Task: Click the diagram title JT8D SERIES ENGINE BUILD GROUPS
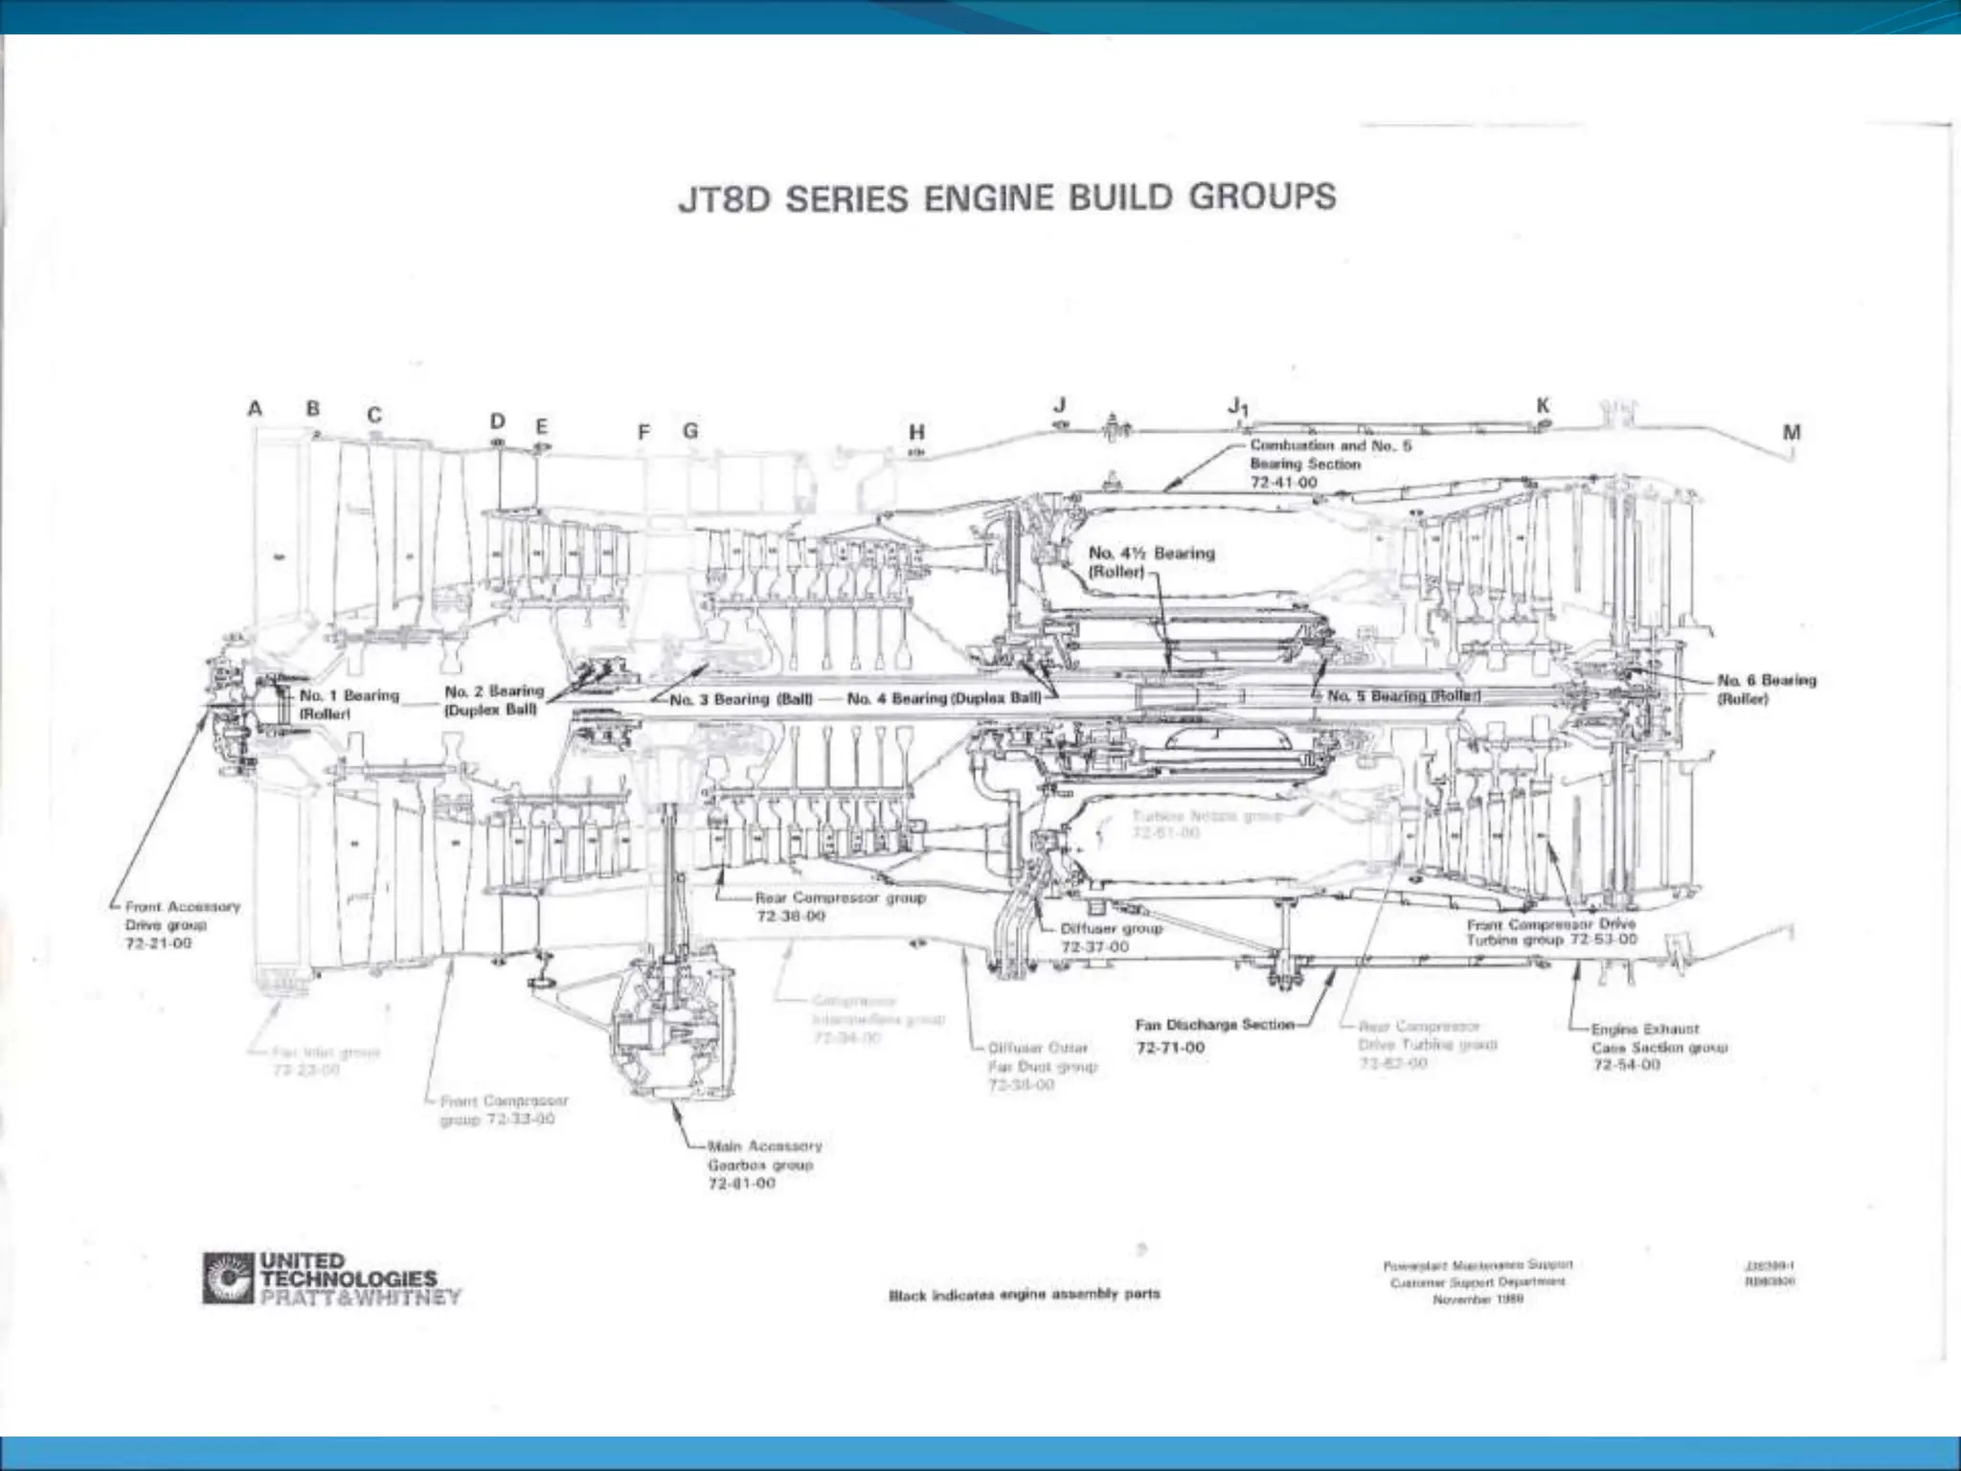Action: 1006,198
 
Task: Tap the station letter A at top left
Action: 255,409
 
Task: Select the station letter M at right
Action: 1792,432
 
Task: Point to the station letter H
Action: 917,432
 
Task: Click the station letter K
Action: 1543,405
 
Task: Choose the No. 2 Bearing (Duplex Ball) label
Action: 493,700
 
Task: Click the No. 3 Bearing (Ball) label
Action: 740,699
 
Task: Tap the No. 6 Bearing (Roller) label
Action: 1766,689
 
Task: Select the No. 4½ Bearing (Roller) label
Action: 1151,562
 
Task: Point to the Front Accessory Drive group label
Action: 181,924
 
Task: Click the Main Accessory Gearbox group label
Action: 763,1164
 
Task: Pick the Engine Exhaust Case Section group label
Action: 1657,1046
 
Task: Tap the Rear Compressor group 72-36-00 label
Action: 839,907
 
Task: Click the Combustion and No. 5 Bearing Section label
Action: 1329,464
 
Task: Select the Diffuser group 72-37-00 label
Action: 1111,938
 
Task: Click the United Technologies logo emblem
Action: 227,1278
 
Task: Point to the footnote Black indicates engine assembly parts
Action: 1024,1294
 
